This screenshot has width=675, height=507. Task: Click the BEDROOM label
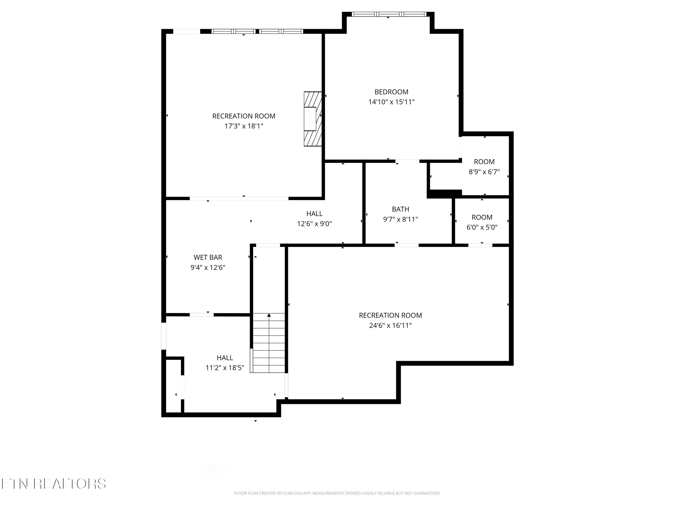click(391, 92)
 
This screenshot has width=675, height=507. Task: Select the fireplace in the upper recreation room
click(313, 119)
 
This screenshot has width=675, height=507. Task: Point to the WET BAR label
click(208, 257)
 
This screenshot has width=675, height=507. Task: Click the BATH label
click(400, 209)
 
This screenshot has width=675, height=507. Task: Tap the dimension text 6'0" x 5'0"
click(482, 227)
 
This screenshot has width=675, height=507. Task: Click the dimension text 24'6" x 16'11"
click(390, 325)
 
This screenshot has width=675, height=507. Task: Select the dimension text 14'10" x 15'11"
click(391, 102)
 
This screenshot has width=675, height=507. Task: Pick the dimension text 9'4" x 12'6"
click(208, 268)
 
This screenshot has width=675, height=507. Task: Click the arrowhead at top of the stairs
click(269, 315)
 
